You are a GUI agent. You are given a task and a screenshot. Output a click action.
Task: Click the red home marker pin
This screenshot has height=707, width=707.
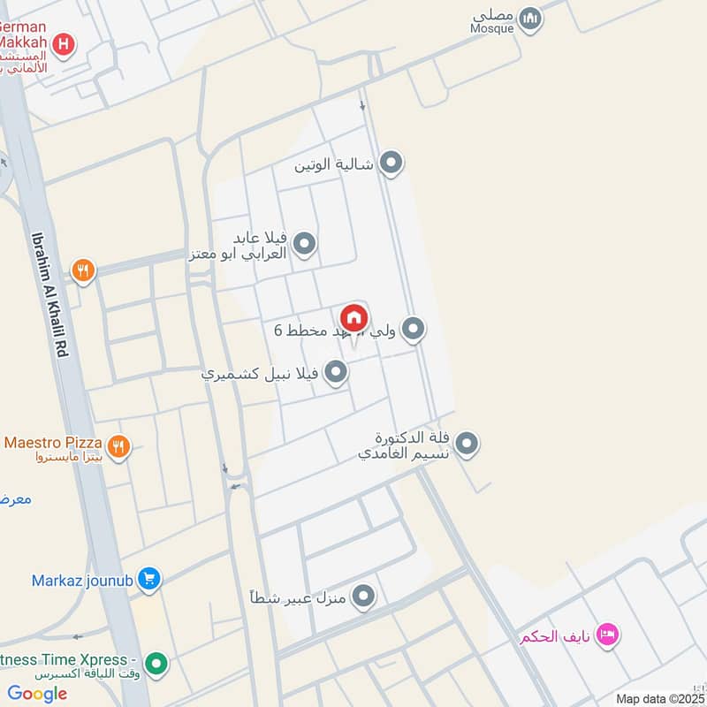coord(353,317)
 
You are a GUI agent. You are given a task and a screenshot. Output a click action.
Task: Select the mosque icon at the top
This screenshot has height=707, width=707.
coord(529,19)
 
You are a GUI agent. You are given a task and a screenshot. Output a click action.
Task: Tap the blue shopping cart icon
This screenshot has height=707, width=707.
coord(149,580)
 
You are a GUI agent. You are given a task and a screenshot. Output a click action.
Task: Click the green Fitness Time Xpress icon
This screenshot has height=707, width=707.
coord(156,661)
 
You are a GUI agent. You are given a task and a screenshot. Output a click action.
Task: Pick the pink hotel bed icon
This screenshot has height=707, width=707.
coord(607,634)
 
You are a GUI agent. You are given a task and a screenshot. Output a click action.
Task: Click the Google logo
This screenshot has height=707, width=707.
coord(37,694)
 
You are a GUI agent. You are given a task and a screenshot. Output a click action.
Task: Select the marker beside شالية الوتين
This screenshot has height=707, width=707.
coord(391,163)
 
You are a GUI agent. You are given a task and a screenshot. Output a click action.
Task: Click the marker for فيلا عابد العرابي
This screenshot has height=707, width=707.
coord(305,243)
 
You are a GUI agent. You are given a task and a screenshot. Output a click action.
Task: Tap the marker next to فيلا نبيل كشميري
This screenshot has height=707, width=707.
coord(336,373)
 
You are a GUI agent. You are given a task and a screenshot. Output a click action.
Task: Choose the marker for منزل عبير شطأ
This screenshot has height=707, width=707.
coord(363,598)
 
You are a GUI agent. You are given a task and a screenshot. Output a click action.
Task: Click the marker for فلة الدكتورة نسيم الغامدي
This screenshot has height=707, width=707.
coord(467,445)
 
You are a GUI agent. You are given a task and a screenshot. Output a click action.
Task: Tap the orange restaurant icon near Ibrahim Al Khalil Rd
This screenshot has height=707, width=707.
coord(83,271)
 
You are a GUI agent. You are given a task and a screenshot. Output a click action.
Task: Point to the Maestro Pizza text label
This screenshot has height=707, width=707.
coord(53,442)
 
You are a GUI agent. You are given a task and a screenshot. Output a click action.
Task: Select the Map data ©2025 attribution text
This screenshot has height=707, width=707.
coord(658,698)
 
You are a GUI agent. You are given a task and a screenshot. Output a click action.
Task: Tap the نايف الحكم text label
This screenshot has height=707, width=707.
coord(553,635)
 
